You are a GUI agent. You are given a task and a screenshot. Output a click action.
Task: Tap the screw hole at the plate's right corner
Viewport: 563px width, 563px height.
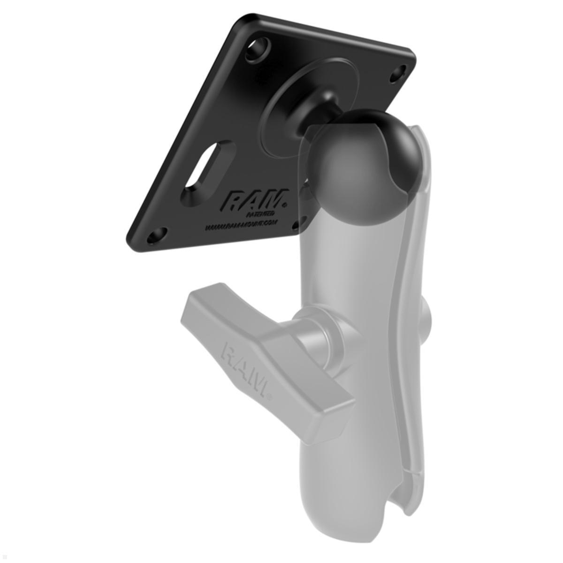pyautogui.click(x=397, y=71)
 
